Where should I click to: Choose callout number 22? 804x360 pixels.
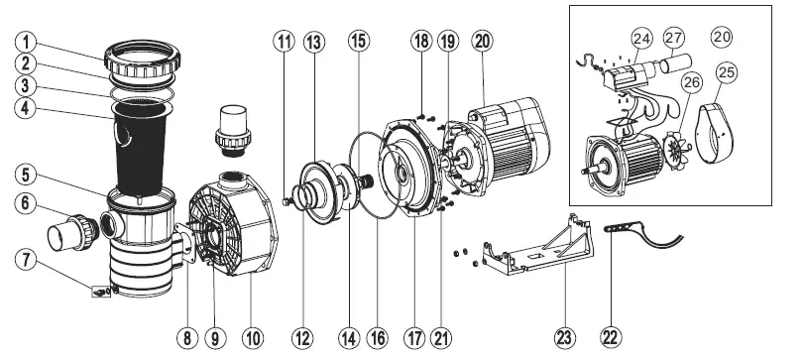click(x=609, y=337)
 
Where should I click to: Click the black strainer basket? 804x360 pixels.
click(x=139, y=149)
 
